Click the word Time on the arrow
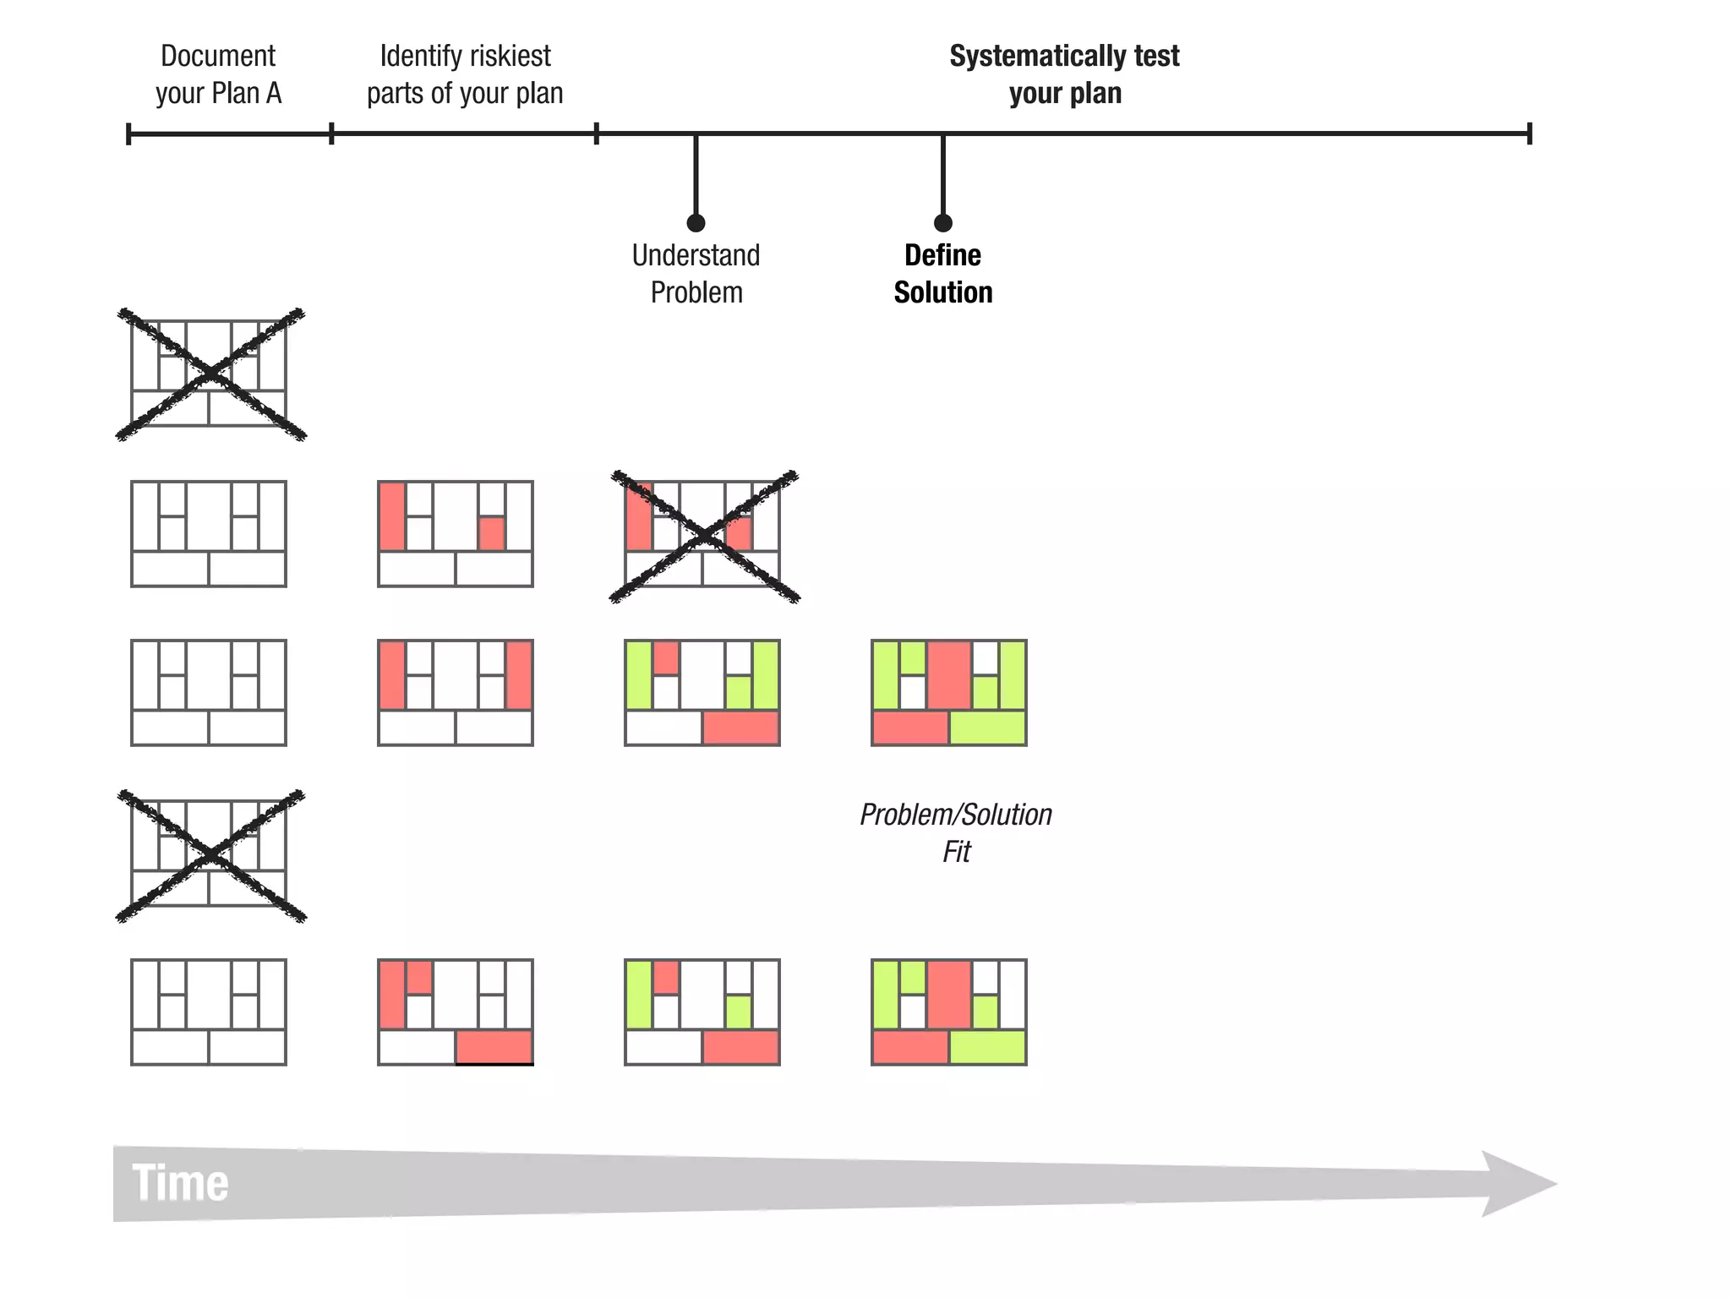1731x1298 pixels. pos(180,1182)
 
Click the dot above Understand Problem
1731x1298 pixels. pos(696,223)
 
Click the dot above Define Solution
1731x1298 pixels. pos(943,223)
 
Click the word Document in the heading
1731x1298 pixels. pos(218,57)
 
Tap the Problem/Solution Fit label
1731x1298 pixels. pos(956,832)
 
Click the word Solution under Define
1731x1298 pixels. pos(943,292)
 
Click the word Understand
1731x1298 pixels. pos(696,255)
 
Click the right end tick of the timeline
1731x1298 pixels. pos(1529,134)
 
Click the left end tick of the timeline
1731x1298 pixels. pos(128,134)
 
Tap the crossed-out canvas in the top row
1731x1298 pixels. pos(210,374)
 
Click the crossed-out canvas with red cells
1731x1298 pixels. pos(703,536)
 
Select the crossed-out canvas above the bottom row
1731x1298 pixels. pos(210,855)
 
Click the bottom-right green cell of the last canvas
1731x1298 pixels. pos(987,1047)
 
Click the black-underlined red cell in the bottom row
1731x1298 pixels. pos(494,1047)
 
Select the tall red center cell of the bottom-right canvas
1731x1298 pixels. pos(949,994)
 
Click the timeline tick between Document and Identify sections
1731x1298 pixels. pos(331,134)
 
